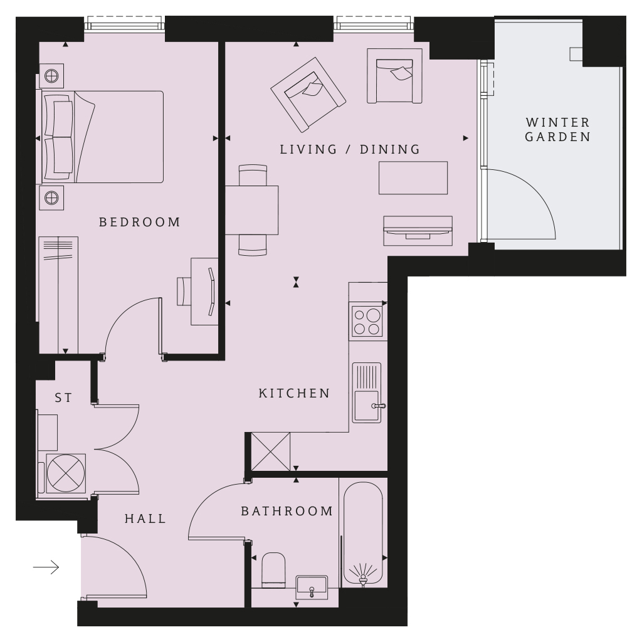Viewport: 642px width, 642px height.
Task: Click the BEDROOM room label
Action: (140, 222)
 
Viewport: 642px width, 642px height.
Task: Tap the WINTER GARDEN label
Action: (557, 129)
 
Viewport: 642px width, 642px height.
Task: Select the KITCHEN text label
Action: (295, 393)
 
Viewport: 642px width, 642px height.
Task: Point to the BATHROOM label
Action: (287, 511)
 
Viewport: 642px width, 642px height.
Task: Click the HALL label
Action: (145, 518)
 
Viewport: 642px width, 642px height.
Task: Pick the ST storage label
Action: (63, 397)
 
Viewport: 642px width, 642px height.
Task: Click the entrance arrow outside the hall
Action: (46, 567)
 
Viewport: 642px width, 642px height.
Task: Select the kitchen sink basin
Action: (367, 406)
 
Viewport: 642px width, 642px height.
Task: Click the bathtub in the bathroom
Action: (363, 533)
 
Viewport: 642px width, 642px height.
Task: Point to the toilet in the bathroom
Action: (273, 570)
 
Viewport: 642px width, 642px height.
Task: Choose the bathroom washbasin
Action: (312, 587)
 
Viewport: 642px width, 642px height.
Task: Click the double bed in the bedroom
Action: (102, 137)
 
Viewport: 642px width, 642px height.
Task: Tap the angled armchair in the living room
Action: (308, 95)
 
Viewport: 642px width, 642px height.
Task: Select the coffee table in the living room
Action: (413, 177)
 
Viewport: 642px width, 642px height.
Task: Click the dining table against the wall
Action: (252, 210)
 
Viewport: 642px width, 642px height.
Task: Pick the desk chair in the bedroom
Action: (184, 291)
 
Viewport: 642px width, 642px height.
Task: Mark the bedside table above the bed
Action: (51, 76)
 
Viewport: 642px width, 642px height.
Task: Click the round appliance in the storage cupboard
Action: (66, 473)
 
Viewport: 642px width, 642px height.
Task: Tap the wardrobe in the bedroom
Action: (58, 295)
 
